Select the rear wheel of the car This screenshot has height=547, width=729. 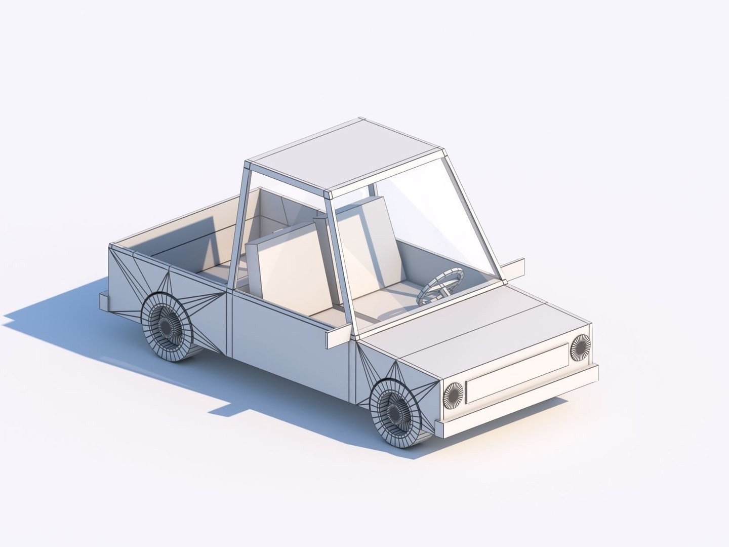click(x=167, y=327)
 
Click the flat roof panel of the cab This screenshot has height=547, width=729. click(x=349, y=152)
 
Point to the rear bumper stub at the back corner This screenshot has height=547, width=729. click(x=104, y=301)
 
